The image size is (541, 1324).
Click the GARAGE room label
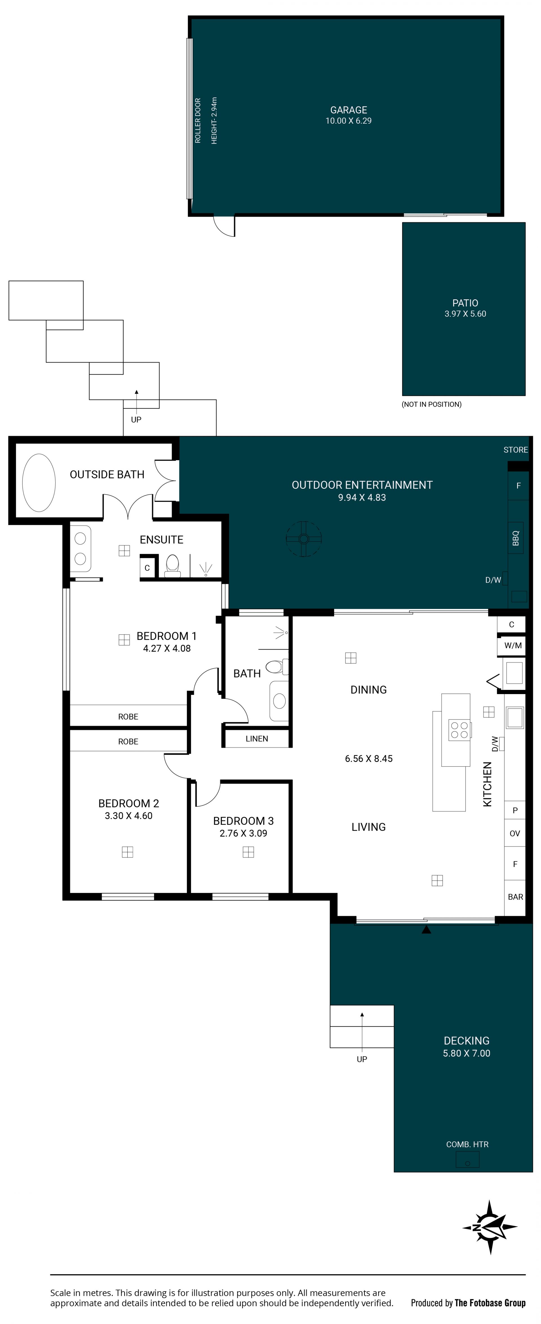(349, 110)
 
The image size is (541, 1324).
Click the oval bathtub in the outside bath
(39, 483)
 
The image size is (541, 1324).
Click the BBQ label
(516, 538)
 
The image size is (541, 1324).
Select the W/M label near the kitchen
(513, 646)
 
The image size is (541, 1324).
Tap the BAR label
(515, 897)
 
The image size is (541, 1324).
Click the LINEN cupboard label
(257, 739)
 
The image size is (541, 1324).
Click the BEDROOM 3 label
(243, 821)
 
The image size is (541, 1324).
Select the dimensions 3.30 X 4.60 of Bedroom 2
(128, 816)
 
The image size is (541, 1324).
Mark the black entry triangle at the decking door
(426, 929)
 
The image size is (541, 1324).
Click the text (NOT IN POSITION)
(431, 404)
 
